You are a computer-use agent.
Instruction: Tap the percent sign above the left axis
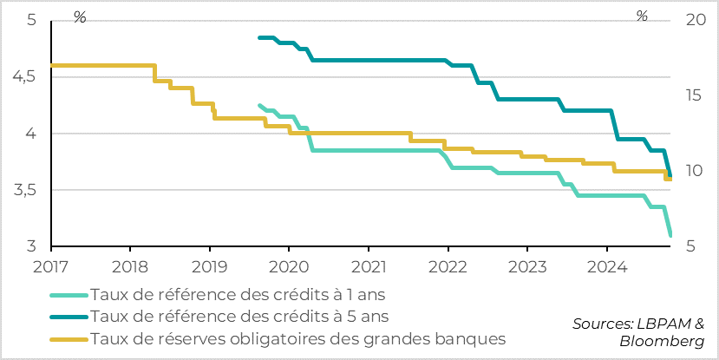click(80, 16)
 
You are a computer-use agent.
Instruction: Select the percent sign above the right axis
click(642, 16)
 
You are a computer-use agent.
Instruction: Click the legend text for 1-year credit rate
click(239, 294)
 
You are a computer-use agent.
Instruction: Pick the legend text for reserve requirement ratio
click(297, 337)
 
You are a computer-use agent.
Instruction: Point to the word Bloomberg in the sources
click(662, 341)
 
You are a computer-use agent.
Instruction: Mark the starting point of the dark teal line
click(260, 37)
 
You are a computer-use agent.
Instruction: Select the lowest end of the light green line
click(670, 235)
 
